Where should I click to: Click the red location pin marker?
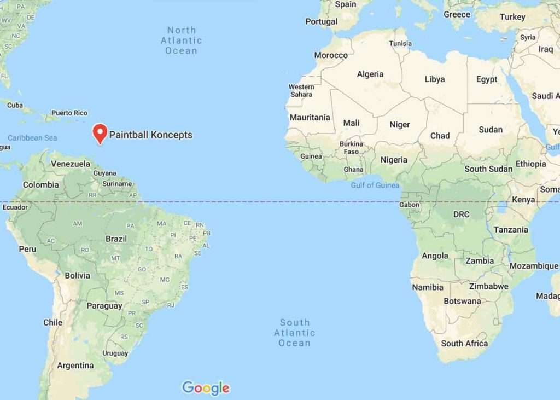pos(100,133)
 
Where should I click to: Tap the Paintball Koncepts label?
pos(151,135)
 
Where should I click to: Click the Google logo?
pos(206,388)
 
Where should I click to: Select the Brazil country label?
pos(116,239)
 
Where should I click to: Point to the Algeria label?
pos(370,74)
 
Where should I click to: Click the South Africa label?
pos(464,343)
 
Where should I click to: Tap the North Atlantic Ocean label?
pos(181,40)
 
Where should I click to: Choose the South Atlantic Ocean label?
pos(294,333)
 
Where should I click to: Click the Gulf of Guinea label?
pos(375,185)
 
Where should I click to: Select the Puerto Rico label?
pos(69,113)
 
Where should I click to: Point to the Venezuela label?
pos(71,164)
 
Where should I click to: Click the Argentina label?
pos(75,365)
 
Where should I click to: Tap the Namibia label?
pos(428,287)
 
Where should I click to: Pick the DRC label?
pos(461,215)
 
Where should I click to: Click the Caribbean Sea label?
pos(32,138)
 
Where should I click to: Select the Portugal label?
pos(321,21)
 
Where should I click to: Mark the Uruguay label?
pos(115,353)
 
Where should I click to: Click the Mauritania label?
pos(310,117)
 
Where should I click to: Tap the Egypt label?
pos(487,79)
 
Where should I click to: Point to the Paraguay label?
pos(104,306)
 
